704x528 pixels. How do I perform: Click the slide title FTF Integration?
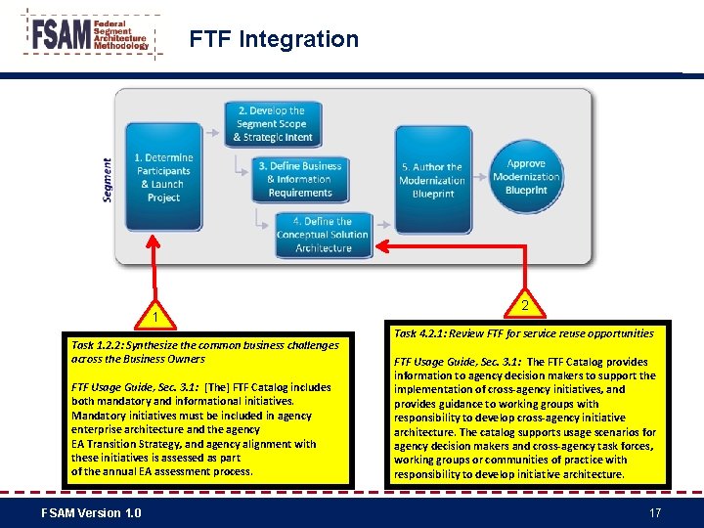tap(274, 39)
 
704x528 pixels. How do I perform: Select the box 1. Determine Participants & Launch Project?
tap(163, 177)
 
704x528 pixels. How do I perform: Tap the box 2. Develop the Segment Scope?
tap(271, 124)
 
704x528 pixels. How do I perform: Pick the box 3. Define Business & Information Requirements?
tap(300, 179)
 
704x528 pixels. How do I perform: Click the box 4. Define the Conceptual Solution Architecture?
tap(323, 235)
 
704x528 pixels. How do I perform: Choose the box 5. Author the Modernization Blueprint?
tap(432, 180)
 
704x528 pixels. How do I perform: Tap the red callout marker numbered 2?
tap(525, 306)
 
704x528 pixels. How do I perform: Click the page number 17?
tap(655, 513)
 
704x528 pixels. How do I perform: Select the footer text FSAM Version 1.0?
tap(91, 513)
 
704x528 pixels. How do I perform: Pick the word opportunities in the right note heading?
tap(620, 333)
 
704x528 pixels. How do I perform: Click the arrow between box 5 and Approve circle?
tap(479, 177)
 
